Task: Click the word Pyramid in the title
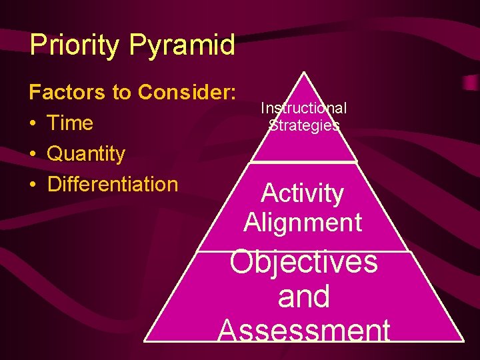[182, 46]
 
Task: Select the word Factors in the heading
[67, 93]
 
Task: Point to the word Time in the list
[70, 123]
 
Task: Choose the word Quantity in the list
[86, 154]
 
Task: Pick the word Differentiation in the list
[113, 184]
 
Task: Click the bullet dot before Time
[34, 124]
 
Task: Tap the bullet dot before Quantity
[34, 155]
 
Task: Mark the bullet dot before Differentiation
[34, 185]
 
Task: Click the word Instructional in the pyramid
[303, 108]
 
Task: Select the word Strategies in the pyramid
[304, 125]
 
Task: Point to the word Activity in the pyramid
[303, 193]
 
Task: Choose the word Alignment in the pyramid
[303, 222]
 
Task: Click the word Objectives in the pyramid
[303, 262]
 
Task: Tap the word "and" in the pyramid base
[303, 296]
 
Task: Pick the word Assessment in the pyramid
[303, 330]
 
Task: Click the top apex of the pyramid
[304, 73]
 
